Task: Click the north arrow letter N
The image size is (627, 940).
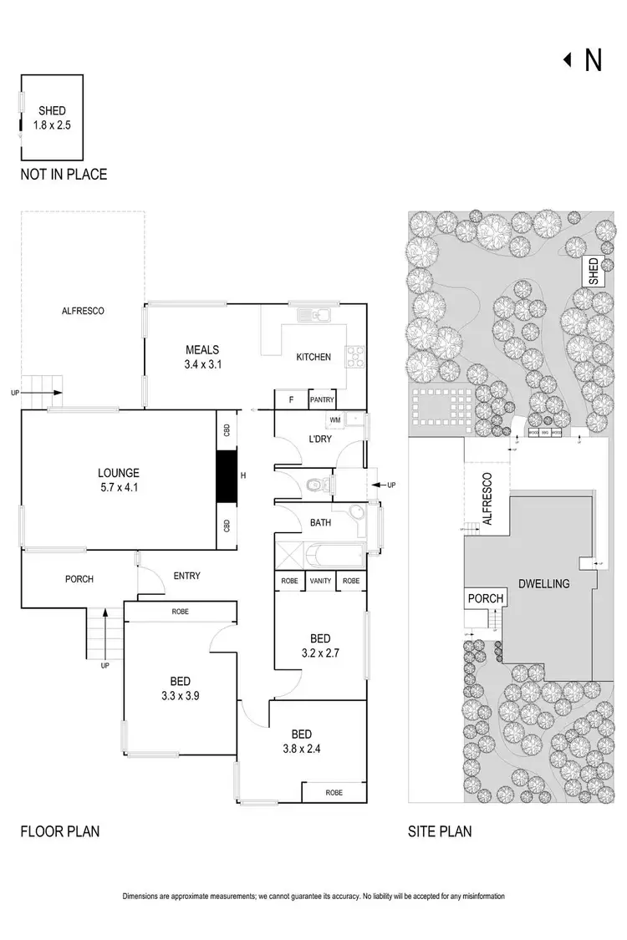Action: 593,60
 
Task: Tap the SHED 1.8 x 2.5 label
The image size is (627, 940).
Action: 52,118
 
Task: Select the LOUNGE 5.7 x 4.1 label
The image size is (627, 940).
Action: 118,479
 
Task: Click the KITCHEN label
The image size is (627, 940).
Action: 313,357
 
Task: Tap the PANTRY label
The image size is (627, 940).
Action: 322,400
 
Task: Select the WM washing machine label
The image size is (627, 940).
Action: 335,419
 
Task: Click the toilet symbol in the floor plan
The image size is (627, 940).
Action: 316,484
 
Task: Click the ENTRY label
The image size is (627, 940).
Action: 186,576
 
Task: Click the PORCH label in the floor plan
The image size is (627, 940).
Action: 79,579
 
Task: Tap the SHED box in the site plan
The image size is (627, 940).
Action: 593,272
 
